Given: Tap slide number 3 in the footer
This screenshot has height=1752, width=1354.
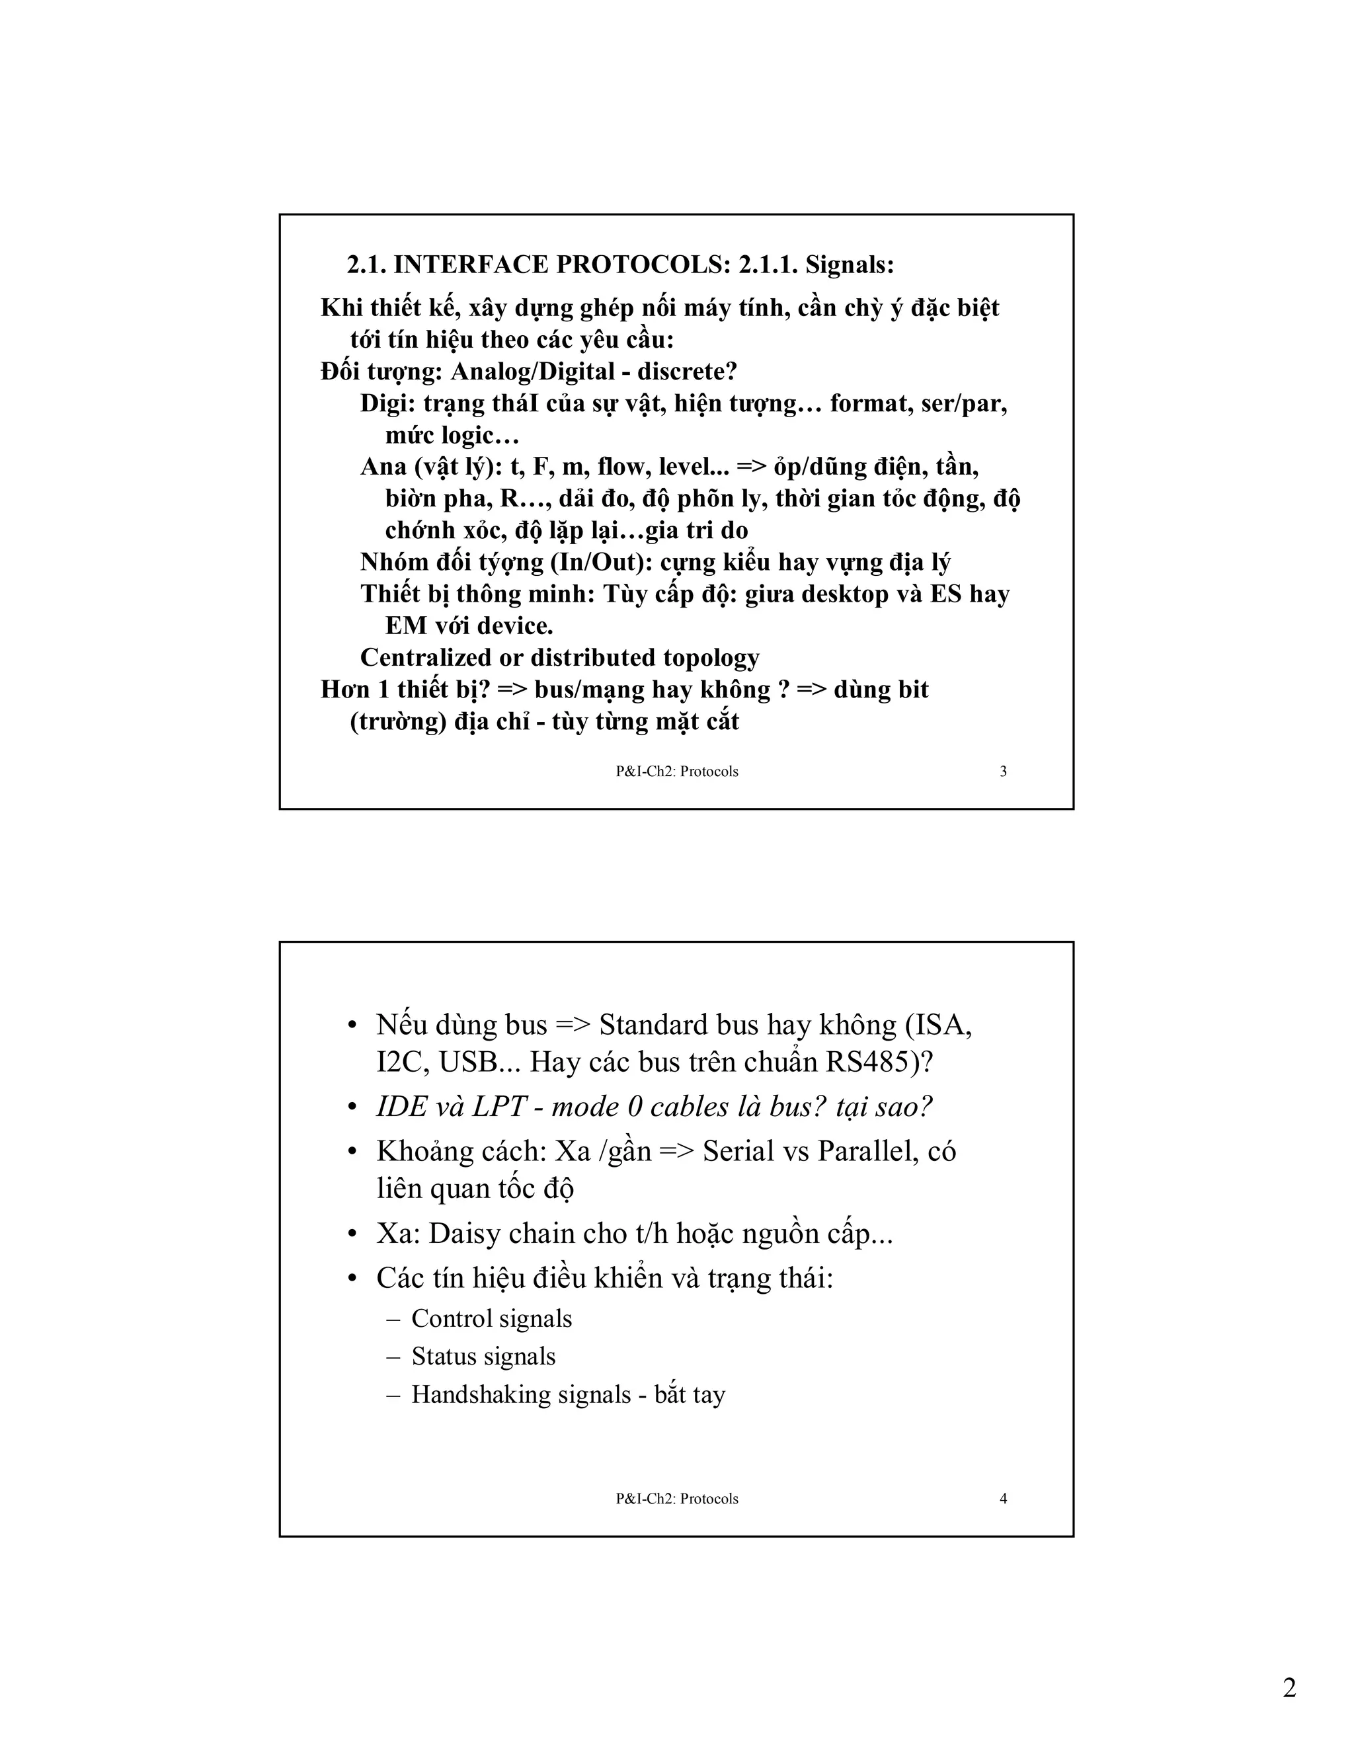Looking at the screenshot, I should [x=1003, y=772].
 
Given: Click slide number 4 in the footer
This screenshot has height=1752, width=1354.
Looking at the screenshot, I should [x=1003, y=1499].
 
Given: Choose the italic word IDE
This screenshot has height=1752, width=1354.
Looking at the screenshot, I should [x=403, y=1107].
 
